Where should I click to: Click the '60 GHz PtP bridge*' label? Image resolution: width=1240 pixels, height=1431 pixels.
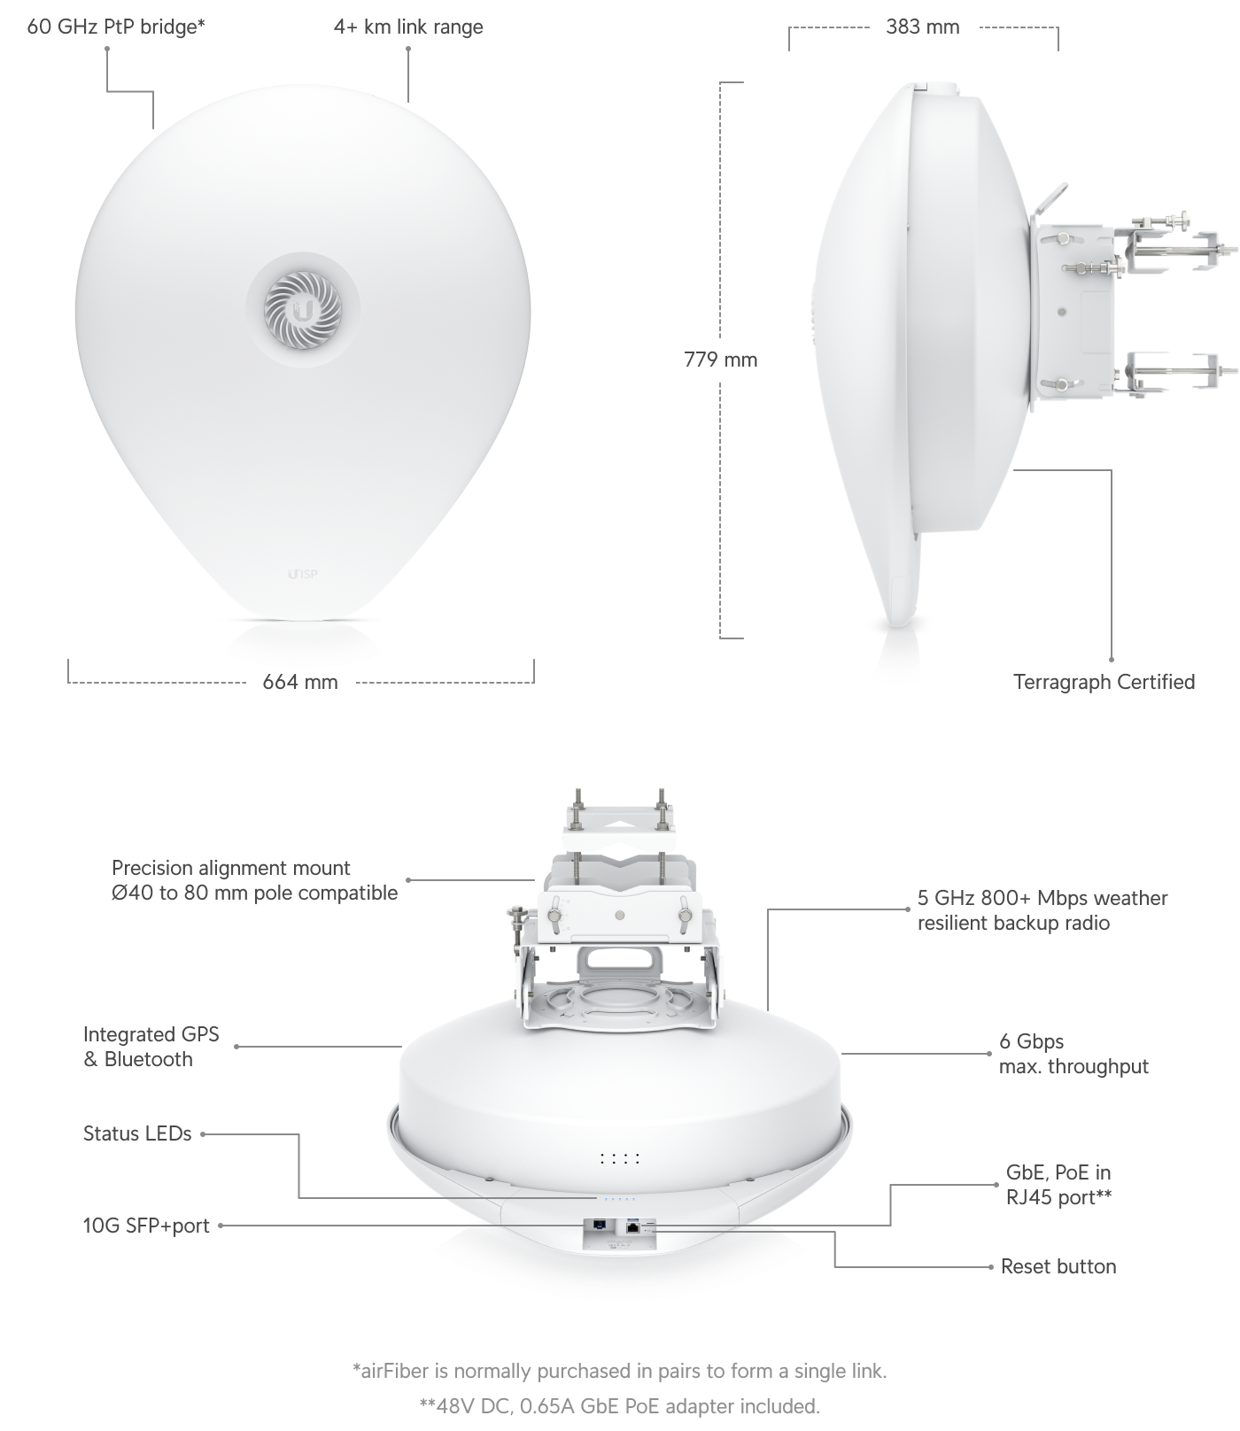[x=116, y=27]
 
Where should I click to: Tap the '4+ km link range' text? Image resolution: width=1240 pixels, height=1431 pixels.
[x=408, y=27]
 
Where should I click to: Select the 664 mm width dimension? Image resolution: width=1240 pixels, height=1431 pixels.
[x=300, y=682]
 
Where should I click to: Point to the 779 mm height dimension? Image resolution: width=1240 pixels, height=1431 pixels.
[x=721, y=360]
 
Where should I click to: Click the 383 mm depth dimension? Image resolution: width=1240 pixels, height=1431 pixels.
[x=923, y=27]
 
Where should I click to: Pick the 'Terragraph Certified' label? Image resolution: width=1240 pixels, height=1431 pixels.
[x=1104, y=682]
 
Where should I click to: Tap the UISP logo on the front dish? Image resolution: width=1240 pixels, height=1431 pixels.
[x=303, y=575]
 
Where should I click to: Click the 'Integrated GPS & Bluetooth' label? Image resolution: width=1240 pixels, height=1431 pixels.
[x=151, y=1047]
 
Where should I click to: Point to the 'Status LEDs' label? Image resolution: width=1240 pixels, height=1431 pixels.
[x=137, y=1133]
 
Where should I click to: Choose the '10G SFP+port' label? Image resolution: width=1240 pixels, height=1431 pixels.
[x=146, y=1226]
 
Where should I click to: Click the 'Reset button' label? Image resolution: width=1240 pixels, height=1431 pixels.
[x=1058, y=1266]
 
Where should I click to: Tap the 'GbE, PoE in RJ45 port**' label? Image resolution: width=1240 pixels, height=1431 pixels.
[x=1058, y=1185]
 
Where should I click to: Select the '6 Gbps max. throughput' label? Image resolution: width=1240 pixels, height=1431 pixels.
[x=1073, y=1054]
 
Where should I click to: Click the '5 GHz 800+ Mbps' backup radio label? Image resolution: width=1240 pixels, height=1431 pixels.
[x=1042, y=910]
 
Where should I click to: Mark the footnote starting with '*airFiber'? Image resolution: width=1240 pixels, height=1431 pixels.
[x=620, y=1371]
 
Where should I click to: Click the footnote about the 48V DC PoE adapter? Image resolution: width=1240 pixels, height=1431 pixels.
[x=620, y=1406]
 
